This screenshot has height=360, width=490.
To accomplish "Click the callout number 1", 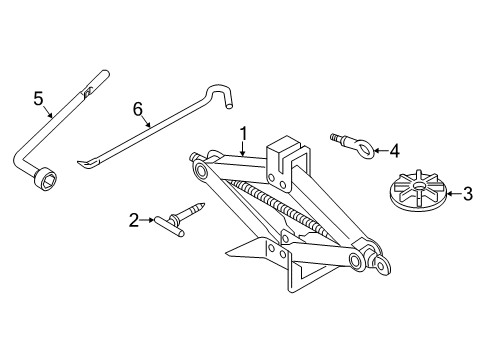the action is [244, 134].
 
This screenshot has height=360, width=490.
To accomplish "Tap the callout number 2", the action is [134, 220].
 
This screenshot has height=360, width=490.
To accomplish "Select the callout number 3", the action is [468, 194].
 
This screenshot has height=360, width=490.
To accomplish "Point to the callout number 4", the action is [394, 151].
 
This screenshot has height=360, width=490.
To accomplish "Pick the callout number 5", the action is [39, 99].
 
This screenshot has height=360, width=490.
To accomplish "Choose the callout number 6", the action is [138, 109].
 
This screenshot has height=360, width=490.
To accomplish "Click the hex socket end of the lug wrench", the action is [45, 179].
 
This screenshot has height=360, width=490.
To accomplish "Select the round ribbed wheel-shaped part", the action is [418, 191].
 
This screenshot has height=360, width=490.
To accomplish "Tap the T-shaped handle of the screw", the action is [169, 226].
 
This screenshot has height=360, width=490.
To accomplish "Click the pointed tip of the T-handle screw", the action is [202, 204].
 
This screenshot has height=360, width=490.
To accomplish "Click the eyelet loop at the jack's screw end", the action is [382, 264].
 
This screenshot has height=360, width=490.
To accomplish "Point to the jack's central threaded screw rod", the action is [280, 206].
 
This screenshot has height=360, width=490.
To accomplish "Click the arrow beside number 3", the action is [455, 193].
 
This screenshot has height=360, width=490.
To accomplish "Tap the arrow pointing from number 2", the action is [147, 220].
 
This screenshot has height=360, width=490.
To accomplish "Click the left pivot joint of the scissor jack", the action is [201, 170].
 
